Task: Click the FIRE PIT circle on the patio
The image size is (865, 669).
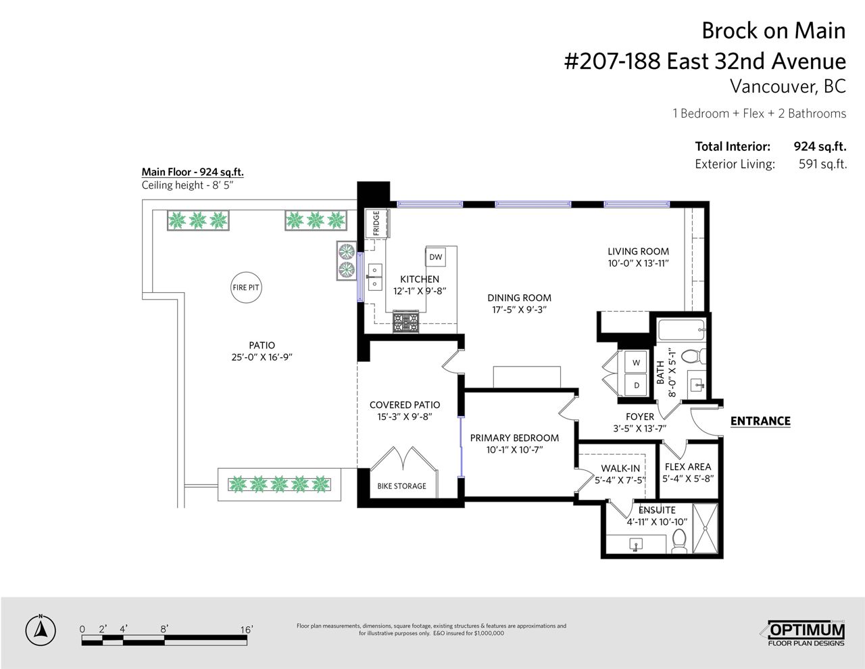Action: click(246, 287)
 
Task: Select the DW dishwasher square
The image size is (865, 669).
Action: click(435, 257)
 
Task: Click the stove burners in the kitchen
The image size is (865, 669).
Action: click(405, 322)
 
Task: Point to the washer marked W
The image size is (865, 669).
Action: click(636, 363)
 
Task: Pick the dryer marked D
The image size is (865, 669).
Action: click(636, 385)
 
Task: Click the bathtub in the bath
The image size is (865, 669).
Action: click(681, 330)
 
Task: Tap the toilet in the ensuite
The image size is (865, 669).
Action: click(679, 541)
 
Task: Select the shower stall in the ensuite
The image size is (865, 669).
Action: click(705, 528)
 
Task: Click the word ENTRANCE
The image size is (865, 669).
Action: click(760, 421)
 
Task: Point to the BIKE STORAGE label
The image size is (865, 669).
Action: click(401, 486)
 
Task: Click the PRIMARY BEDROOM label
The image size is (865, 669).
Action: click(514, 438)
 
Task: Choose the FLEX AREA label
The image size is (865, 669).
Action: click(688, 467)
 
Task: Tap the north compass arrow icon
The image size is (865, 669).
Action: click(41, 630)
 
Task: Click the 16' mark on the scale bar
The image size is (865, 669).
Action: click(247, 630)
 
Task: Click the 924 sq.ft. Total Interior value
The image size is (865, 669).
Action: click(820, 147)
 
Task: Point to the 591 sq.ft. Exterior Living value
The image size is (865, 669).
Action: click(822, 164)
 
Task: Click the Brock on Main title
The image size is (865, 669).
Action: click(774, 30)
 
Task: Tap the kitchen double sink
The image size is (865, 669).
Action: click(374, 277)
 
